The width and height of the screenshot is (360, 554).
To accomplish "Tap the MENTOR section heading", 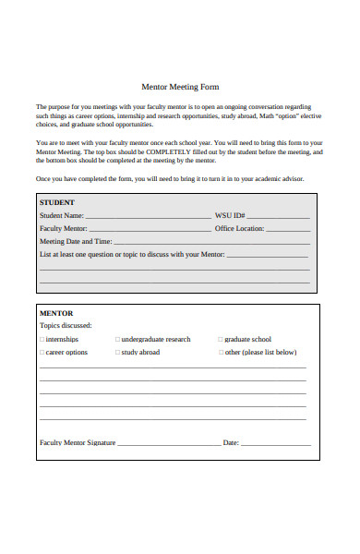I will [x=56, y=313].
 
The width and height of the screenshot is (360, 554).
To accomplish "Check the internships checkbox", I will [x=42, y=340].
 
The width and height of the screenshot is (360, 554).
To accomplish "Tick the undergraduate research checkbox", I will [x=118, y=340].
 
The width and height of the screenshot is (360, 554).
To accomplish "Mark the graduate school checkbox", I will [x=221, y=340].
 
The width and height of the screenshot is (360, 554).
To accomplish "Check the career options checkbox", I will [x=42, y=353].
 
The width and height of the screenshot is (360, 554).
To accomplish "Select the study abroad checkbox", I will [x=118, y=353].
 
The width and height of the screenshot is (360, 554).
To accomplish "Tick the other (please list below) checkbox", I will [x=221, y=353].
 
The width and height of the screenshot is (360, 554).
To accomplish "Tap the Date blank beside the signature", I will [x=275, y=444].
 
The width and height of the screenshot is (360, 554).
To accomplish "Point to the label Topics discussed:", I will [x=66, y=326].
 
